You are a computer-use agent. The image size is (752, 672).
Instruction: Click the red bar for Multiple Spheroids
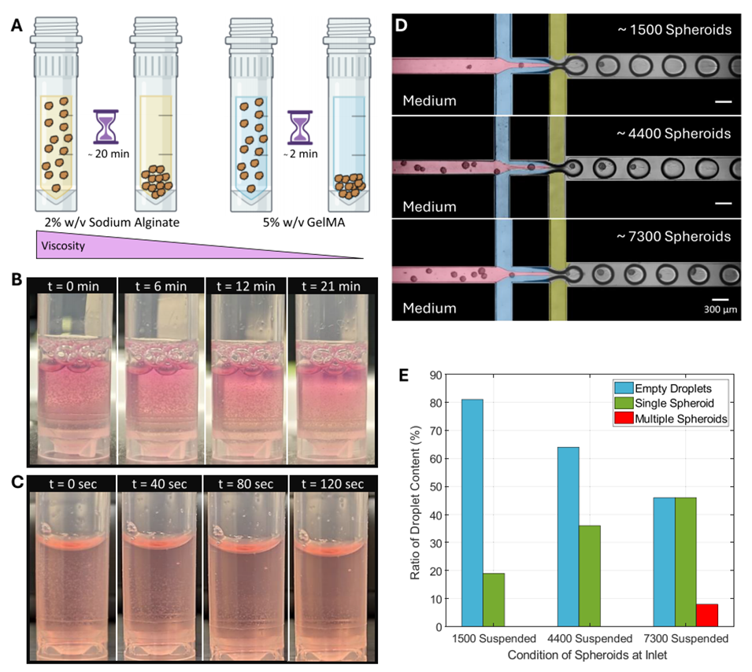click(x=707, y=615)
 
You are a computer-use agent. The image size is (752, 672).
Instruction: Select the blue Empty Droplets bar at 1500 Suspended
click(x=472, y=513)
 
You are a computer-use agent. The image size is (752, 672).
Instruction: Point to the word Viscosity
click(x=63, y=247)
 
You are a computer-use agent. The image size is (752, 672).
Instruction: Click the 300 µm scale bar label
click(x=720, y=309)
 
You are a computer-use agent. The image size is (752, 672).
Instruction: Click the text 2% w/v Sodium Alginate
click(x=108, y=222)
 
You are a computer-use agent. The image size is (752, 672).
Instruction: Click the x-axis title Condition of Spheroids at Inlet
click(x=588, y=655)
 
